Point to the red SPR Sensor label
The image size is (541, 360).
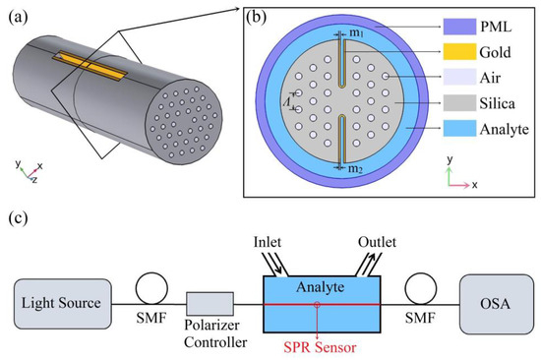(316, 346)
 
